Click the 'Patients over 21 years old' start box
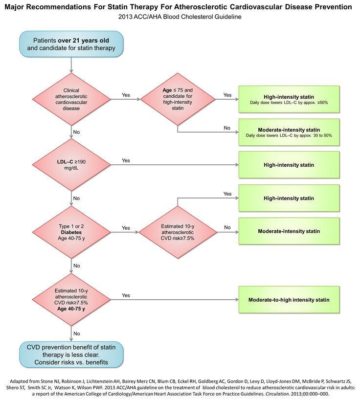coord(71,44)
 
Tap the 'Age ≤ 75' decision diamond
coord(178,99)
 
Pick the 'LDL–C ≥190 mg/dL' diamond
coord(71,165)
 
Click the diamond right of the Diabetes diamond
coord(177,229)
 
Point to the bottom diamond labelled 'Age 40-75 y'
coord(71,299)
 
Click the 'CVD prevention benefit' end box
coord(71,355)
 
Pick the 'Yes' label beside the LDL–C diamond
coord(126,160)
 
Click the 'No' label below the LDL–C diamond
coord(76,198)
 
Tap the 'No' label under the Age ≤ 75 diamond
coord(226,128)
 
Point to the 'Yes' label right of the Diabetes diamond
coord(126,228)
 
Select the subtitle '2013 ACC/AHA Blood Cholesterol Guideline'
coord(180,17)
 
